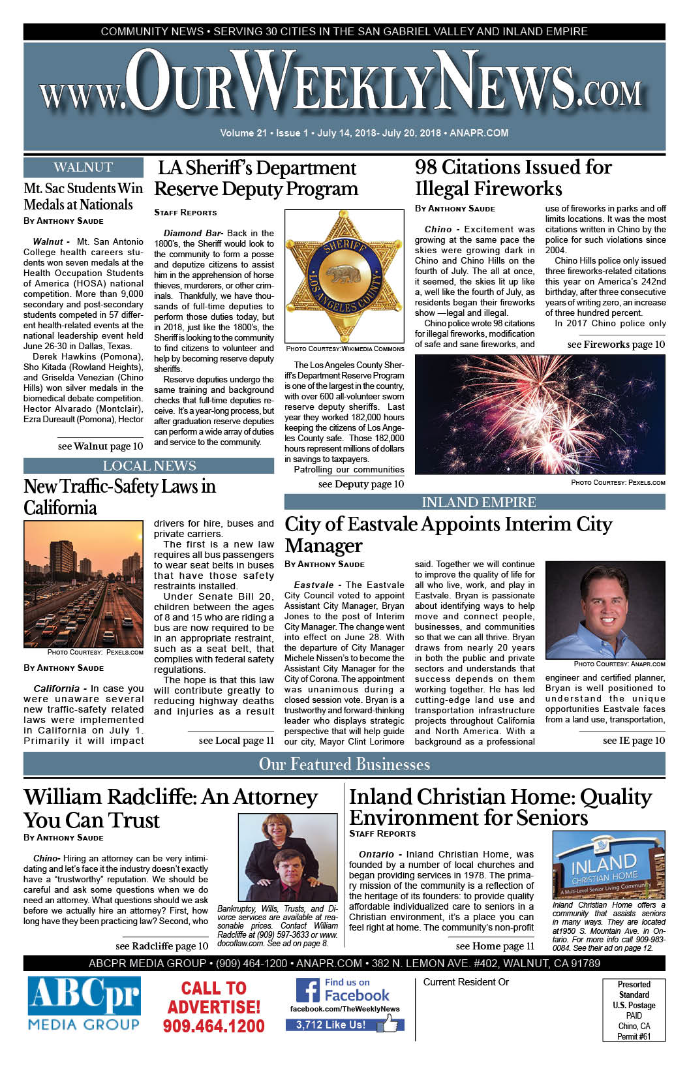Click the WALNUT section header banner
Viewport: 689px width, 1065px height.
tap(84, 167)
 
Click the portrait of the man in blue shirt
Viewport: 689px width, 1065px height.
tap(605, 610)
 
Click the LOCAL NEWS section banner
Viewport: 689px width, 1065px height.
tap(149, 466)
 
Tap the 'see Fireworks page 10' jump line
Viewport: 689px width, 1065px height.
tap(616, 344)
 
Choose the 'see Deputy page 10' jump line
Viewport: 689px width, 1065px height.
tap(361, 484)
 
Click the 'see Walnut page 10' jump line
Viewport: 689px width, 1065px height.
tap(100, 446)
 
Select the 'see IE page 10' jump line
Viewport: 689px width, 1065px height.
tap(634, 740)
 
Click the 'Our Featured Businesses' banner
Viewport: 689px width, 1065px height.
tap(344, 764)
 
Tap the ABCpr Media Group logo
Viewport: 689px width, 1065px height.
tap(84, 1004)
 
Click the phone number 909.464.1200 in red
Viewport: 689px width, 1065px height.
tap(213, 1026)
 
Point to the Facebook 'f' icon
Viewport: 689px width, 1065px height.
tap(308, 991)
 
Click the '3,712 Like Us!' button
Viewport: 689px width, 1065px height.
tap(331, 1025)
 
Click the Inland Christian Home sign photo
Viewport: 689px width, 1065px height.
tap(608, 865)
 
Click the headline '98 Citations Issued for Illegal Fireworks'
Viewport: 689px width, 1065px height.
tap(513, 177)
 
